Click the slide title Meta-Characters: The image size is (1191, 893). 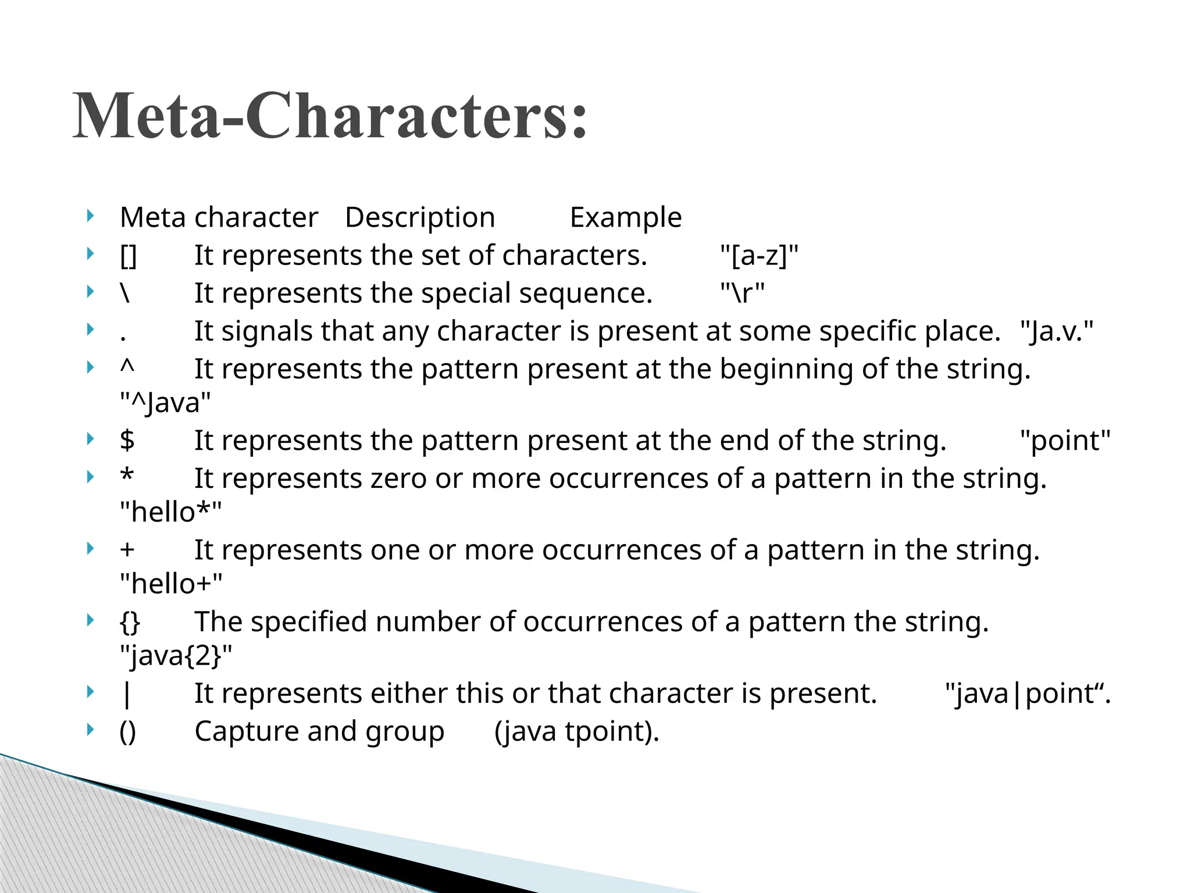point(330,116)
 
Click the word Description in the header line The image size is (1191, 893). point(420,218)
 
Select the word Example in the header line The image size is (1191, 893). point(625,218)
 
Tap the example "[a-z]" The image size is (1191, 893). point(759,256)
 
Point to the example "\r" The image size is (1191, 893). point(743,294)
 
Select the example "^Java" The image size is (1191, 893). point(165,402)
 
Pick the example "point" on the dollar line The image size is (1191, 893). point(1065,441)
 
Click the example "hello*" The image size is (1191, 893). point(170,512)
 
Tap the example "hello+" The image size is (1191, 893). point(171,584)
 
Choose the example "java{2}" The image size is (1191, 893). point(176,656)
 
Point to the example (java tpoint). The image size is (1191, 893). point(577,731)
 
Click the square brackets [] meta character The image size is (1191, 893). point(128,256)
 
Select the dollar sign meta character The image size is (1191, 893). point(127,441)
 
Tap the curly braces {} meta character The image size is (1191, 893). point(130,622)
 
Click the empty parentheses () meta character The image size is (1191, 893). point(128,731)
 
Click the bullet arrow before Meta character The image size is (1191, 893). point(90,217)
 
